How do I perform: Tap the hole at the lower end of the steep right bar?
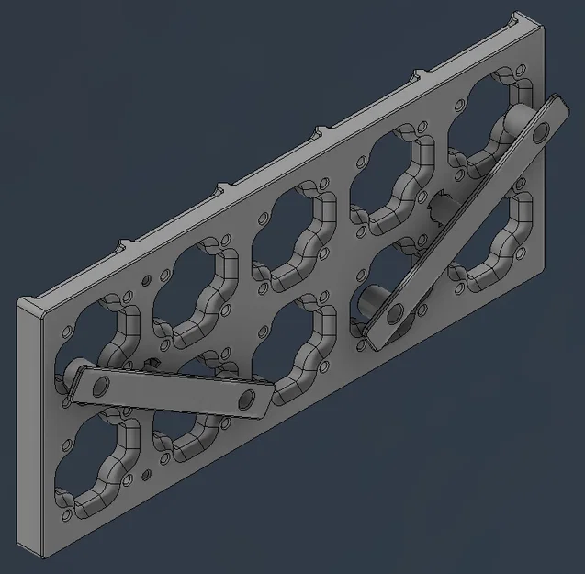pyautogui.click(x=395, y=315)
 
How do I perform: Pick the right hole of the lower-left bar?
pyautogui.click(x=246, y=400)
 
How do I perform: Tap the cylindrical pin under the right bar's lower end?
pyautogui.click(x=372, y=300)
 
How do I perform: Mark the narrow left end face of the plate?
pyautogui.click(x=29, y=432)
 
